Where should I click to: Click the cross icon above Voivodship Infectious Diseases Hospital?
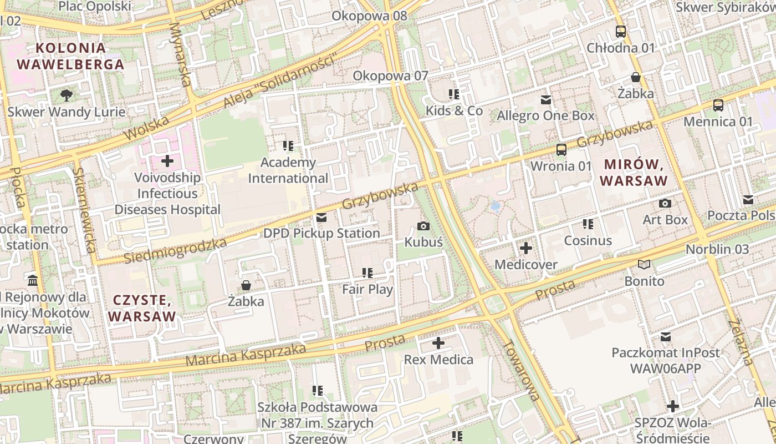click(x=167, y=161)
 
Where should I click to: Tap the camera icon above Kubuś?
click(x=423, y=226)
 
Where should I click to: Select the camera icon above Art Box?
click(x=665, y=203)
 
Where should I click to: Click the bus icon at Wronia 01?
click(x=561, y=149)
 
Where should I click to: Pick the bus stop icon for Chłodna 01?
click(x=621, y=32)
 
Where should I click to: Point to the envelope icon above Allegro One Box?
click(x=546, y=100)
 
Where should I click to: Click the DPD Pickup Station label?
click(x=321, y=233)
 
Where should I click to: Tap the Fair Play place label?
click(x=367, y=289)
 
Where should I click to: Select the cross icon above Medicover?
click(x=525, y=248)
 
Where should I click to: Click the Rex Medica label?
click(x=438, y=360)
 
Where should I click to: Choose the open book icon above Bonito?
click(x=644, y=265)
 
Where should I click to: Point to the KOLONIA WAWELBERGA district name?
click(x=70, y=56)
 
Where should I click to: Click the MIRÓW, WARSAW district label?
click(x=634, y=173)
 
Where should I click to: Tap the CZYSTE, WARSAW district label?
click(x=142, y=309)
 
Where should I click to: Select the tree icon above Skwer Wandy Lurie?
click(x=66, y=95)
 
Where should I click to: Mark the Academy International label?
click(x=288, y=170)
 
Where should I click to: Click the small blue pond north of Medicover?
click(x=495, y=206)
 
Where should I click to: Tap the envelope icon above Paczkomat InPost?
click(x=665, y=336)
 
